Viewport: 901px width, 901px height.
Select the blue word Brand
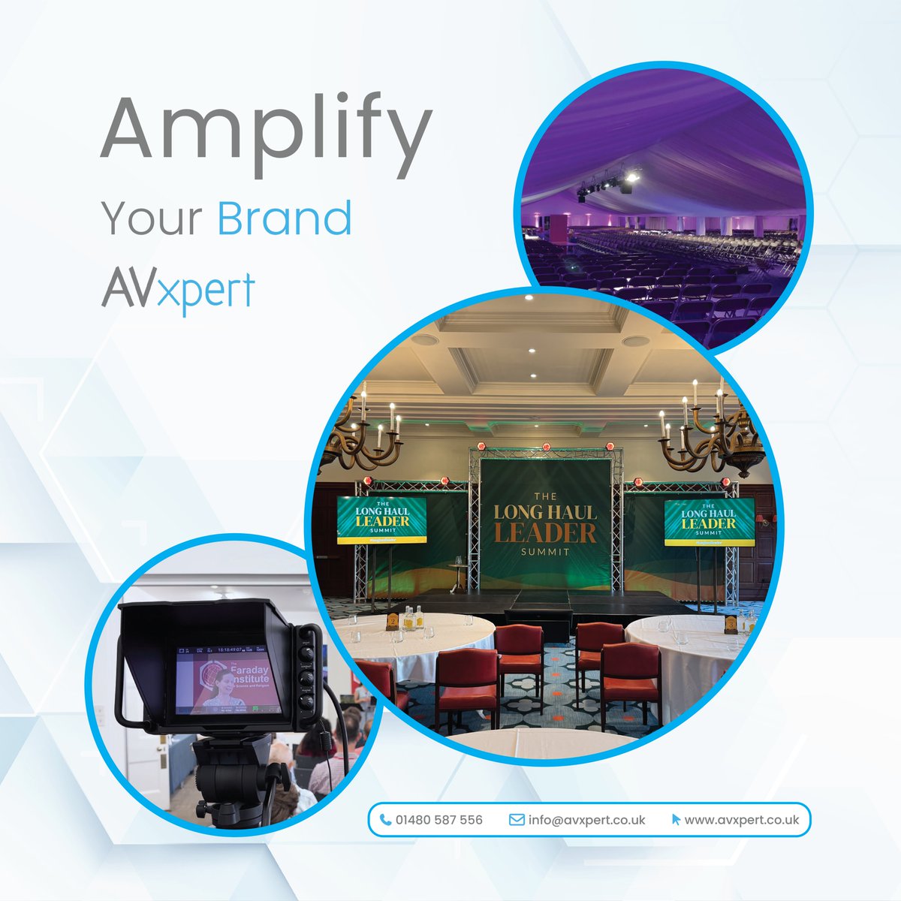pyautogui.click(x=285, y=218)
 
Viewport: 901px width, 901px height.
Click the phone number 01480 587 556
pyautogui.click(x=439, y=820)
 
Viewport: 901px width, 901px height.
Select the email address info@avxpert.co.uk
pyautogui.click(x=586, y=820)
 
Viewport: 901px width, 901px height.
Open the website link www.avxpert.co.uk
pyautogui.click(x=742, y=820)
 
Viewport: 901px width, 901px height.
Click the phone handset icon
pyautogui.click(x=385, y=820)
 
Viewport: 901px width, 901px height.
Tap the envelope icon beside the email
pyautogui.click(x=517, y=820)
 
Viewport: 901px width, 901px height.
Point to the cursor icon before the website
pyautogui.click(x=676, y=820)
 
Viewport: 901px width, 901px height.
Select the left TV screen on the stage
pyautogui.click(x=381, y=519)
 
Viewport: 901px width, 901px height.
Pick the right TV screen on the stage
pyautogui.click(x=708, y=520)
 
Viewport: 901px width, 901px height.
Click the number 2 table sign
pyautogui.click(x=392, y=620)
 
